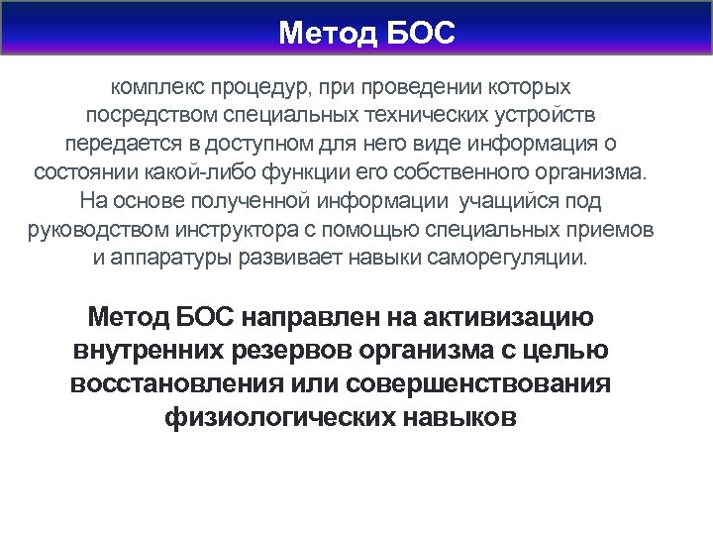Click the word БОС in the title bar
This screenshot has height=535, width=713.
[418, 35]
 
